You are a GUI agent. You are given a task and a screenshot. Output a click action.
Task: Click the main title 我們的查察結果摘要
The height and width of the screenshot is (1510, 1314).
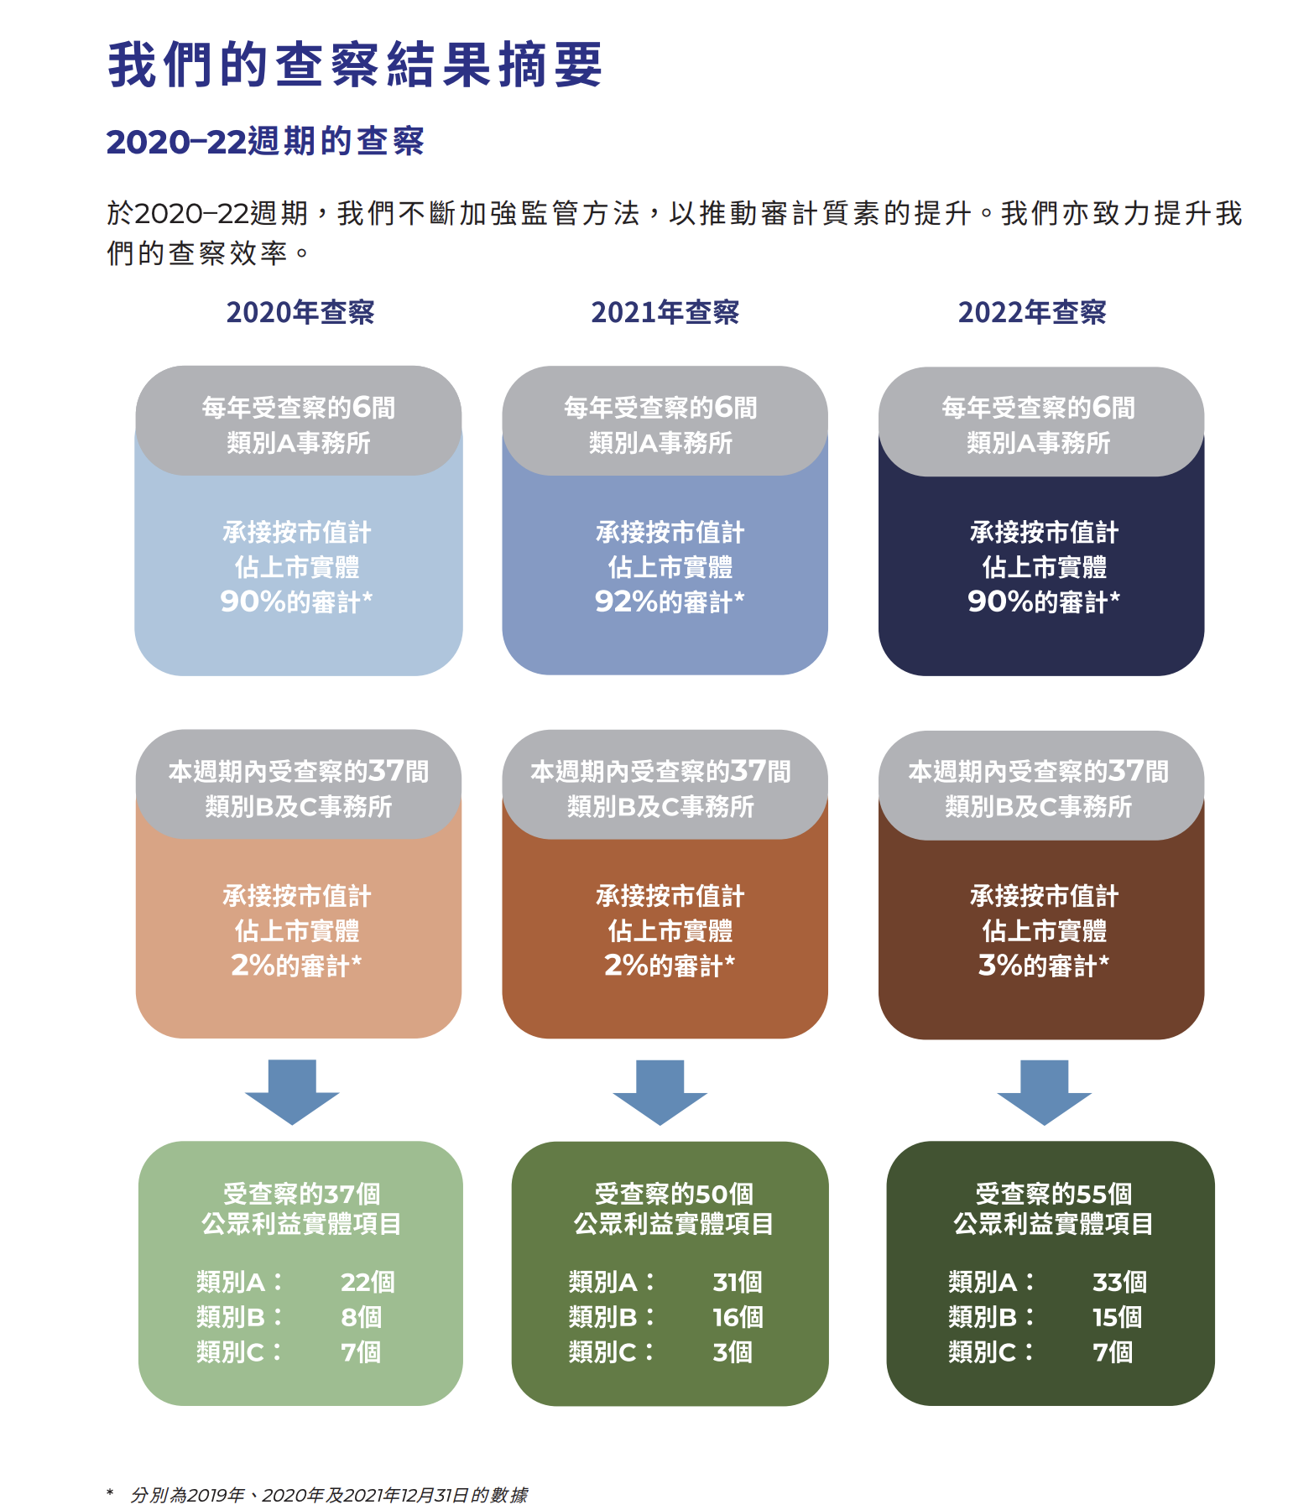point(355,65)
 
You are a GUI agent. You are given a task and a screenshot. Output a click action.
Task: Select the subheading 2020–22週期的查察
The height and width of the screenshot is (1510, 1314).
point(265,141)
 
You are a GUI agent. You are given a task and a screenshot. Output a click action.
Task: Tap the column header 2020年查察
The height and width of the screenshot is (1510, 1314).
point(300,312)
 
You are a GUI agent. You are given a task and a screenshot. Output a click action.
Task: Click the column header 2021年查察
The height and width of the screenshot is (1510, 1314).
point(665,312)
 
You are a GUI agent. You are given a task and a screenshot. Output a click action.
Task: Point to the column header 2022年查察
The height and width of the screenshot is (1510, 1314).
point(1032,312)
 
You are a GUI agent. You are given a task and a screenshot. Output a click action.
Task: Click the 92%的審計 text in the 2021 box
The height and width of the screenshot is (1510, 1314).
point(669,601)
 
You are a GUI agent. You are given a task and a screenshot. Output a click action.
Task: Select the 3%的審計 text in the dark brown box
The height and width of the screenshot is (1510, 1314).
point(1043,966)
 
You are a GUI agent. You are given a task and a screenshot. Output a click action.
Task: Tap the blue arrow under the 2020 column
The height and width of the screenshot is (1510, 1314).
point(292,1091)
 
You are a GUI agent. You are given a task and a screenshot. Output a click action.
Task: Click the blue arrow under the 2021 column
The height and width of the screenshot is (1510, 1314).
point(660,1091)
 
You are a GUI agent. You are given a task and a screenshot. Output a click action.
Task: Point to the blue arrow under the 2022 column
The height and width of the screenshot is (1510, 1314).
point(1044,1091)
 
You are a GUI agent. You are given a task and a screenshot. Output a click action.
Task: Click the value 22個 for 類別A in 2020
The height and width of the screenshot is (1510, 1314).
point(368,1282)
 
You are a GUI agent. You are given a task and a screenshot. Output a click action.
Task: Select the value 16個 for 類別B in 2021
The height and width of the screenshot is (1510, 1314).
point(738,1317)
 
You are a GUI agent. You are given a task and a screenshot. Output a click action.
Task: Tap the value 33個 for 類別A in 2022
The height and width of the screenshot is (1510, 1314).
point(1119,1282)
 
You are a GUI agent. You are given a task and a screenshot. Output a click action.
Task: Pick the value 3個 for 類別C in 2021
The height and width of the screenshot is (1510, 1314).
point(733,1352)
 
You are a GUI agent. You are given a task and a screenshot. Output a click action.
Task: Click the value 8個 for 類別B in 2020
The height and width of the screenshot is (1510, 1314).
point(361,1317)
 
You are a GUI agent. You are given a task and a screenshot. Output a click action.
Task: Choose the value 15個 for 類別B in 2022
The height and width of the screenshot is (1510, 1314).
point(1117,1317)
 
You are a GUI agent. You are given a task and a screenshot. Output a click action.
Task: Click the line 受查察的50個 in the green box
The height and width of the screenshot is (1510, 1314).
point(674,1193)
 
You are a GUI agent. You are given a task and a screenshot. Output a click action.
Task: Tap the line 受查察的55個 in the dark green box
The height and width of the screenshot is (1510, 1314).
point(1053,1193)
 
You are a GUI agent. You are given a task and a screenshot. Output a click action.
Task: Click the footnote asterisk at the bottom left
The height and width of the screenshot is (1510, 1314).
point(110,1493)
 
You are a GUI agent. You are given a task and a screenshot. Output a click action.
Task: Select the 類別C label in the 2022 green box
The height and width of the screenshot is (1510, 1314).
point(983,1352)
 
